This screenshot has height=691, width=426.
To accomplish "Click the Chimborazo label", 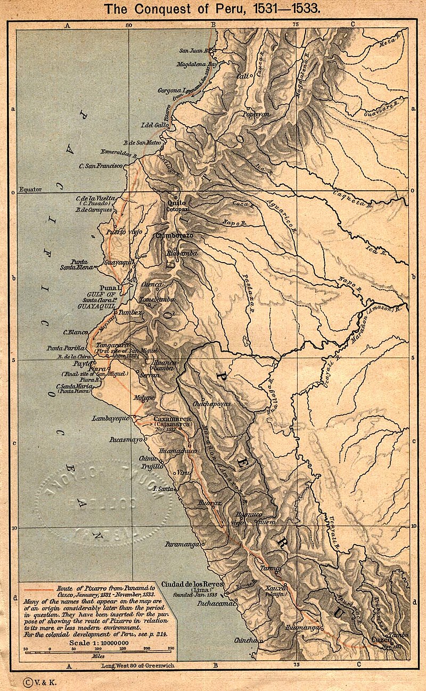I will pos(174,234).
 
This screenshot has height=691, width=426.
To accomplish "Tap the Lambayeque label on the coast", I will pos(111,418).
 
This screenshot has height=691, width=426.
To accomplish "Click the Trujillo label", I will pos(152,466).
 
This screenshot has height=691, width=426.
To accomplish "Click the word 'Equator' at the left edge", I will pos(30,189).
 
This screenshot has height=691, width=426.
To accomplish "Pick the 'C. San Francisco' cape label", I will pos(101,166).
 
